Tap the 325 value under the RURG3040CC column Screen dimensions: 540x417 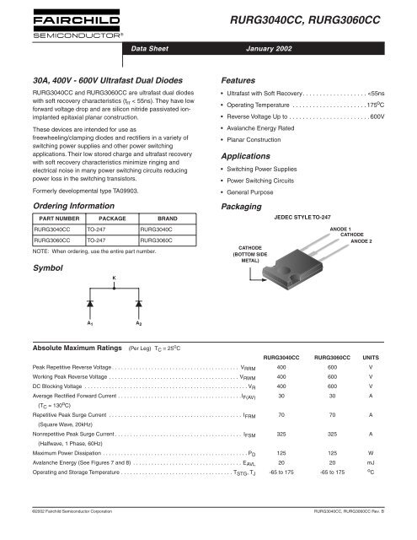point(282,433)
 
